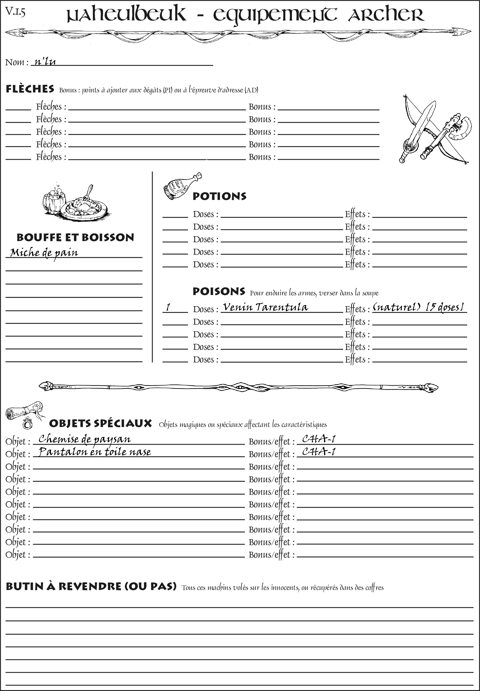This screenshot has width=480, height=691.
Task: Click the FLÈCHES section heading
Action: click(30, 89)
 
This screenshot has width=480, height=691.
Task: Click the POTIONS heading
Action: click(219, 196)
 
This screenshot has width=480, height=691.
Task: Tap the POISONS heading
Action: click(219, 291)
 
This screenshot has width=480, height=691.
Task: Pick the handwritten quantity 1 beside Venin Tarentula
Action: click(168, 307)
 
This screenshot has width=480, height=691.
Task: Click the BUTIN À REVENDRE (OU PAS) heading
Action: click(91, 586)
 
